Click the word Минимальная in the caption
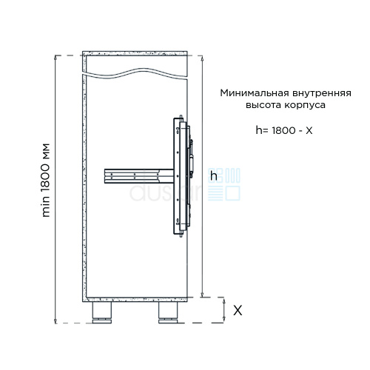pyautogui.click(x=255, y=93)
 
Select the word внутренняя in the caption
pyautogui.click(x=322, y=94)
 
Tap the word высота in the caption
pyautogui.click(x=263, y=105)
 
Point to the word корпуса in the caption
pyautogui.click(x=305, y=106)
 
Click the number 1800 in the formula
pyautogui.click(x=283, y=130)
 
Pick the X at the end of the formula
pyautogui.click(x=309, y=130)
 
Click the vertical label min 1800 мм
pyautogui.click(x=46, y=180)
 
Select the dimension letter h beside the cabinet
pyautogui.click(x=214, y=175)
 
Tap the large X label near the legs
pyautogui.click(x=238, y=310)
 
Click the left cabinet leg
pyautogui.click(x=101, y=312)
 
